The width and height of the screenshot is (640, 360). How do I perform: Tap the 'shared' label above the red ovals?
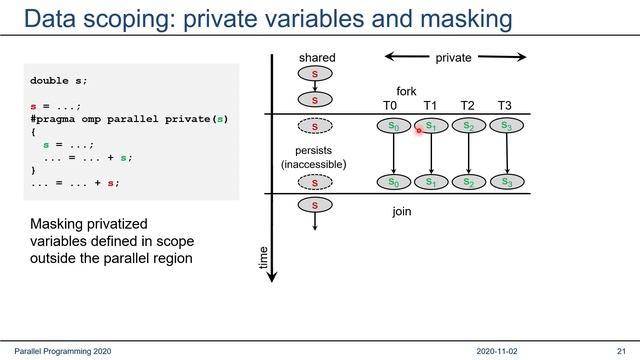click(x=317, y=59)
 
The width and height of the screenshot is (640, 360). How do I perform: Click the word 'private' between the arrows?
click(x=453, y=59)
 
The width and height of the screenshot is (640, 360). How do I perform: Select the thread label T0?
click(x=391, y=106)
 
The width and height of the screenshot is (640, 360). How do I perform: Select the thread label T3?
click(x=505, y=106)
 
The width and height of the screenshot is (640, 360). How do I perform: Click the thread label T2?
click(x=467, y=106)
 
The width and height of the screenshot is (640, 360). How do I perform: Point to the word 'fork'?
click(x=406, y=91)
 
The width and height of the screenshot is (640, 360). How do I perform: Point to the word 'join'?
click(x=401, y=211)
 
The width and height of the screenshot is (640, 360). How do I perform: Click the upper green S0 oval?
click(x=392, y=126)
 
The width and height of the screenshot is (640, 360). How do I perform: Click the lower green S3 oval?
click(x=507, y=182)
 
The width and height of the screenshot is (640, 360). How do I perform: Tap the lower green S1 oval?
click(x=430, y=182)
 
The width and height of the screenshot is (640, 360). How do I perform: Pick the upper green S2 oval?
click(x=468, y=126)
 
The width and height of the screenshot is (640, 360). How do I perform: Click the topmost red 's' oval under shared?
click(x=316, y=75)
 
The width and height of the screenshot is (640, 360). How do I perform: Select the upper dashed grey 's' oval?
click(x=316, y=126)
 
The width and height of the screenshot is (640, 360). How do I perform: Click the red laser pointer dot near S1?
click(x=419, y=130)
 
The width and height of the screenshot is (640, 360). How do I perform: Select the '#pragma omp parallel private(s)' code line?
click(x=129, y=118)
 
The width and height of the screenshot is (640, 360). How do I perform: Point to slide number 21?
click(x=620, y=351)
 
